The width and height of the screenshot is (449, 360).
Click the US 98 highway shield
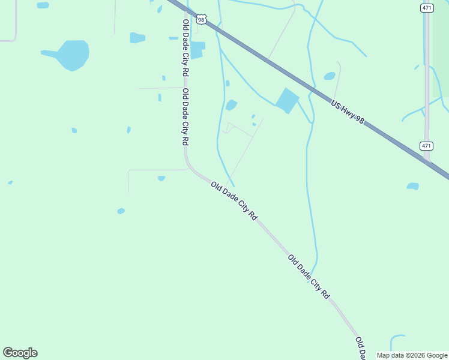tap(202, 20)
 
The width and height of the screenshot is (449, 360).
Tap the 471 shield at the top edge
tap(426, 8)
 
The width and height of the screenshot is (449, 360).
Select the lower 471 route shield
tap(426, 146)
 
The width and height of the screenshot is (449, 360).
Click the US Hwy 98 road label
tap(348, 112)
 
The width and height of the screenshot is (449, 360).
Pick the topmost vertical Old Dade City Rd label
tap(185, 48)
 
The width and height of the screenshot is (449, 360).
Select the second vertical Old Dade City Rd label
tap(185, 117)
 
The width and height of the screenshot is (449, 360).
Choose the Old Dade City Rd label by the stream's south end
tap(309, 277)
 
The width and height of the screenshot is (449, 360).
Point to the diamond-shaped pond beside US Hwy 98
tap(288, 100)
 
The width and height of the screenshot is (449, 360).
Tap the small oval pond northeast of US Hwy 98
tap(330, 76)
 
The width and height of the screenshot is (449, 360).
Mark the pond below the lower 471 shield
tap(413, 186)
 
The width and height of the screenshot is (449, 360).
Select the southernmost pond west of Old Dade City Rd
tap(121, 211)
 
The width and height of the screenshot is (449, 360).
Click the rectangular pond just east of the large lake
tap(137, 38)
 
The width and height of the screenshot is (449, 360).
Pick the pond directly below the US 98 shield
tap(196, 49)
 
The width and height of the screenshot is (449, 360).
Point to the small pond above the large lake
tap(43, 5)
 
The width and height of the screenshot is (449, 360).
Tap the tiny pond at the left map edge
tap(10, 182)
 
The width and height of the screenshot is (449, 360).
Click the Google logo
tap(20, 353)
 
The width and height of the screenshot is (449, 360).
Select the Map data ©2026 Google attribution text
tap(412, 355)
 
